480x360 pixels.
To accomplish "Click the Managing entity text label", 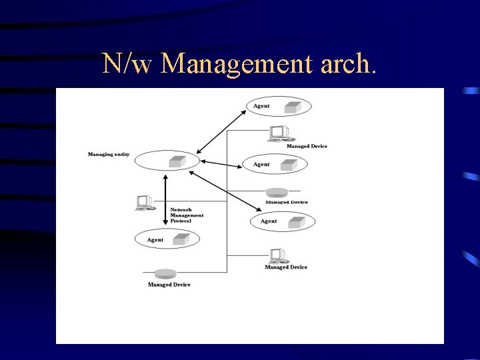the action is (109, 155).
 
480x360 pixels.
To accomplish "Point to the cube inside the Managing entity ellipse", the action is (177, 161).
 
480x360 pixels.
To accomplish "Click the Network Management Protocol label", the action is (187, 215).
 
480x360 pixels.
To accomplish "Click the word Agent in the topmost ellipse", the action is (261, 106).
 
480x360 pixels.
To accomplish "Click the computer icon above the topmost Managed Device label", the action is (277, 133).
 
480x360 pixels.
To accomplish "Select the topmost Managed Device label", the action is (307, 146).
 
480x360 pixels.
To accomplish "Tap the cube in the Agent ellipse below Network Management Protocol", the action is (181, 238).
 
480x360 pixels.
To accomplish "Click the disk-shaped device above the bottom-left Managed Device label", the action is (164, 273).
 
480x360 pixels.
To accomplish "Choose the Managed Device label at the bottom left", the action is (169, 285).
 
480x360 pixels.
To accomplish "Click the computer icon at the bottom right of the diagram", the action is (277, 255).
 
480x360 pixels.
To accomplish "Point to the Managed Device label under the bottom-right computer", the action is (286, 267).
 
